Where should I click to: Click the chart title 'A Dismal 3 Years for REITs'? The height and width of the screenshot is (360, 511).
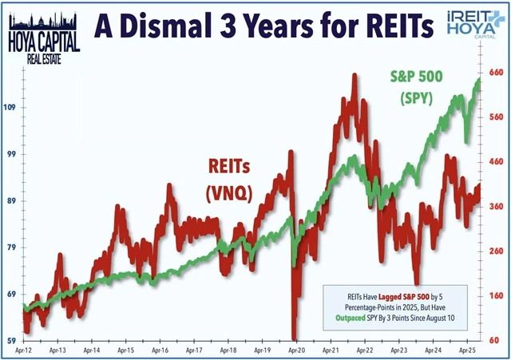coord(266,26)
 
